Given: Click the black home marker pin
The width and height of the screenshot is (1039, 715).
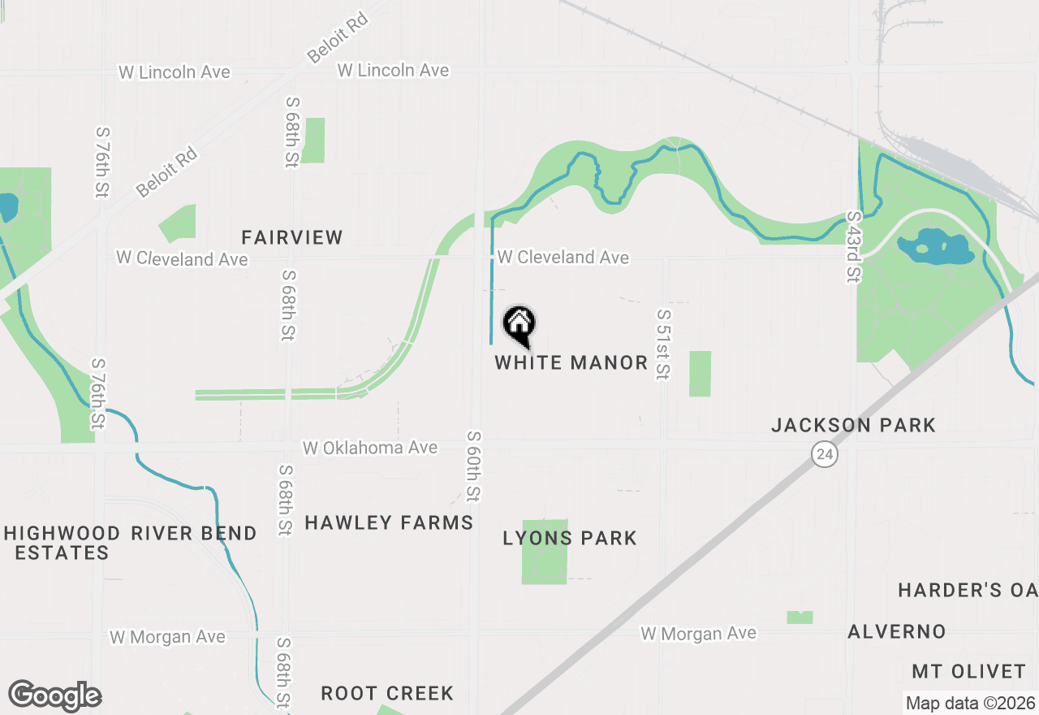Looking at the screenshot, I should tap(519, 325).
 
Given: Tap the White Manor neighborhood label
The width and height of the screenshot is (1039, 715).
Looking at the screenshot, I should tap(571, 362).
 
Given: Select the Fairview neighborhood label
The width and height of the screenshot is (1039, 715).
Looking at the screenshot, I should tap(292, 237).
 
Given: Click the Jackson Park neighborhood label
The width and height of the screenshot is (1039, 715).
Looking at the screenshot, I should tap(853, 425).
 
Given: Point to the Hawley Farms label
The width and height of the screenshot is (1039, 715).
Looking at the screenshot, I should tap(389, 522).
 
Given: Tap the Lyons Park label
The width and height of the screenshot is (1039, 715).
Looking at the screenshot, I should tap(570, 538).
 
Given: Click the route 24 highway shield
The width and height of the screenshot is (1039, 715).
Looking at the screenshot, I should tap(825, 454).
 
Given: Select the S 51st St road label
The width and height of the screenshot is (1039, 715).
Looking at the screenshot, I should tap(663, 344).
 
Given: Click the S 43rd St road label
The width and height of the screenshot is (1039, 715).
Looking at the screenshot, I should tap(852, 247).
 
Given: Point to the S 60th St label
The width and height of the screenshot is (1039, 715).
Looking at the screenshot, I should tap(473, 467).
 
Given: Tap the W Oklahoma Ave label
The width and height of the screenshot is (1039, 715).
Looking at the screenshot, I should tap(370, 448).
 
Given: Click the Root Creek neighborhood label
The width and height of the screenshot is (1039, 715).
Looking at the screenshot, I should tap(387, 693).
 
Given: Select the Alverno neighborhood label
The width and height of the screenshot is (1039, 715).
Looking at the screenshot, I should tap(897, 631).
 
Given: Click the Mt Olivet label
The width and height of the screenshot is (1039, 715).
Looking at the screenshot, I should tap(969, 671).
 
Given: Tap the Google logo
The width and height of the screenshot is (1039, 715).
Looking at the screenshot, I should tap(54, 696).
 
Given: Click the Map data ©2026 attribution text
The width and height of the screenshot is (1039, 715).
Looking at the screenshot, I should tap(970, 703).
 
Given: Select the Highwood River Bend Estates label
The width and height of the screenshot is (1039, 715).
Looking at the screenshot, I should tap(130, 543).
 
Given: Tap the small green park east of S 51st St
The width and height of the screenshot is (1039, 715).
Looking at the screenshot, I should tap(700, 374).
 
